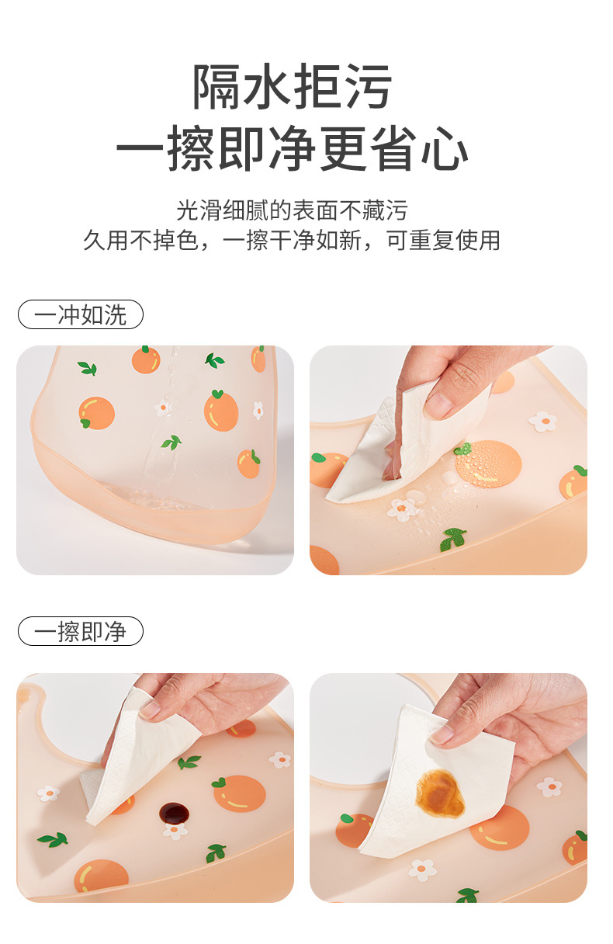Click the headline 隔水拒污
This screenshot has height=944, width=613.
point(292,87)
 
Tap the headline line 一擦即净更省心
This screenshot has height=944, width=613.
point(292,149)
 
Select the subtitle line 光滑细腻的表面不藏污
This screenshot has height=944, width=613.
point(292,210)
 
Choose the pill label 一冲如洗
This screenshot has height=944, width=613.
point(81,314)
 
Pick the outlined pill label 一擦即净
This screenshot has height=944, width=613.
point(81,631)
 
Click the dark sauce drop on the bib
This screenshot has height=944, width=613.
point(174,813)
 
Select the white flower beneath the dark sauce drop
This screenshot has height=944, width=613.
point(175,831)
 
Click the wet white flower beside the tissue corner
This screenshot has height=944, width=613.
point(403,508)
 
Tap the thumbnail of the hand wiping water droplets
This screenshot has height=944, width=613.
point(448,460)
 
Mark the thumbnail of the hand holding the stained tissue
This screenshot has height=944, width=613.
point(448,787)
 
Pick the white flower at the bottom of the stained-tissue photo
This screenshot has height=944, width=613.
point(422,869)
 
